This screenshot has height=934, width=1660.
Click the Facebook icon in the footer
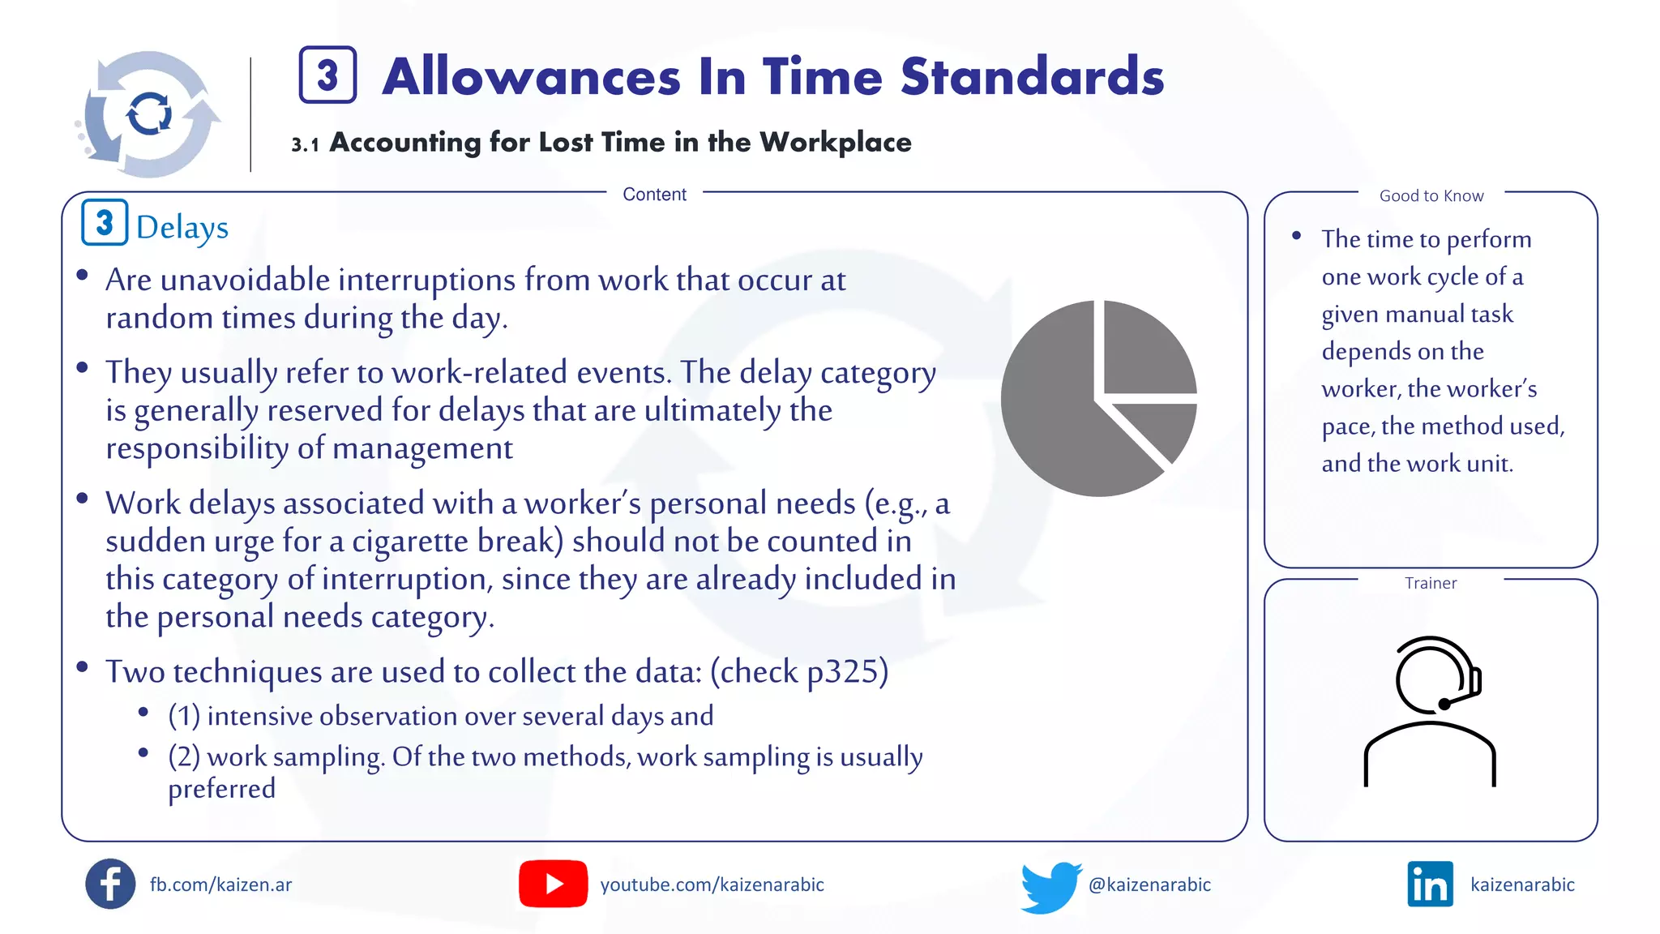(x=110, y=884)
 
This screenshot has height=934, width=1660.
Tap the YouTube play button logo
(x=553, y=884)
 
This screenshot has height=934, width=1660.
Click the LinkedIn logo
(x=1430, y=885)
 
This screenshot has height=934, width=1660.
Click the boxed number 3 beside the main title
(x=327, y=75)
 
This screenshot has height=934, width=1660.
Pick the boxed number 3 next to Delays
(x=105, y=223)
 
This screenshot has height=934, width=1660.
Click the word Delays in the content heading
(x=182, y=228)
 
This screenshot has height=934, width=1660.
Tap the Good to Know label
(x=1431, y=196)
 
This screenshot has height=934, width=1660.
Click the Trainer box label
(x=1431, y=584)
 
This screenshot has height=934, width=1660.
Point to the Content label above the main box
(x=654, y=195)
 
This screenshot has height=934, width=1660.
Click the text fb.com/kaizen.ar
(x=220, y=885)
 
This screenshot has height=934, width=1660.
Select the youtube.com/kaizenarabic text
(x=712, y=885)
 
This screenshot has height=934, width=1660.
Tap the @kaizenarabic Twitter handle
(x=1149, y=885)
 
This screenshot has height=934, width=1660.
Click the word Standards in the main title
(x=1032, y=77)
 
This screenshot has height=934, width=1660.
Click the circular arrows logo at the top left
(x=149, y=114)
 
